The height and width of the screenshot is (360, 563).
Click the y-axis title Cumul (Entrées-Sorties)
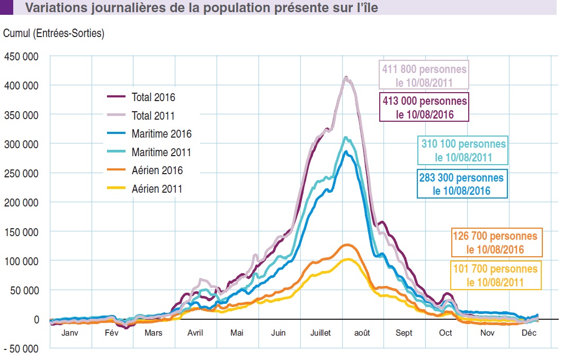[54, 33]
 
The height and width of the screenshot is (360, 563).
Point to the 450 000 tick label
[22, 56]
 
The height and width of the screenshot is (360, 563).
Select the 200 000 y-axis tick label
[22, 202]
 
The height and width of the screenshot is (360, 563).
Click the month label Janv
[70, 333]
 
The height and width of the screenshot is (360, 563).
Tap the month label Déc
[529, 333]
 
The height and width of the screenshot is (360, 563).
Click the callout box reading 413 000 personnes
[424, 107]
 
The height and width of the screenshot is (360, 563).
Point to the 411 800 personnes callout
[424, 75]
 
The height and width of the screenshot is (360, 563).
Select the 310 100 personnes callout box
[463, 150]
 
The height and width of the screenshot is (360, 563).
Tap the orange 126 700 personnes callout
[495, 242]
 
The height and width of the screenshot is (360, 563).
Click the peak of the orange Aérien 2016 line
[347, 245]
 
